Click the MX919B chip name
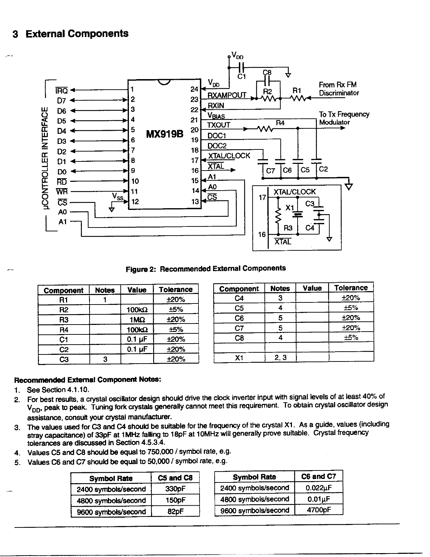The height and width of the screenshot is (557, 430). coord(164,134)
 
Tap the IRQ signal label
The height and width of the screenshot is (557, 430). coord(62,90)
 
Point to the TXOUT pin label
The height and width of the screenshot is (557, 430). coord(219,125)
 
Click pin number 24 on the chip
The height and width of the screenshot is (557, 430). coord(194,89)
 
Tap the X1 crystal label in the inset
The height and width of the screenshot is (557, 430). coord(289,208)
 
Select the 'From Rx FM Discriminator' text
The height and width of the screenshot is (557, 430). coord(339,89)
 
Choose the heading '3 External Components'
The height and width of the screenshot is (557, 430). coord(70,34)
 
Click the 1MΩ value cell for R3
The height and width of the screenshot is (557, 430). coord(137,320)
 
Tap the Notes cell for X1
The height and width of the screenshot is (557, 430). coord(280,358)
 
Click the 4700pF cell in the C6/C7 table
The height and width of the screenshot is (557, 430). coord(318,510)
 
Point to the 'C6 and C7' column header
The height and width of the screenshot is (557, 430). coord(318,476)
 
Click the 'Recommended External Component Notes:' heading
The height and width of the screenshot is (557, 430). coord(87,380)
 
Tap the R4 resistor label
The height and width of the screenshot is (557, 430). coord(280,123)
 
